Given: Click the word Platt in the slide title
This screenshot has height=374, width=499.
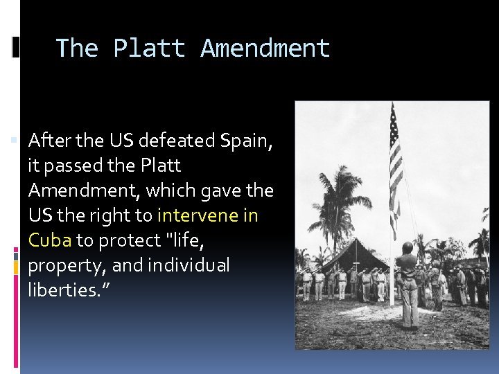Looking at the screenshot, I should click(149, 48).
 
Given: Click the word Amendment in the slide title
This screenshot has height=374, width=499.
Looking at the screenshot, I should click(265, 48).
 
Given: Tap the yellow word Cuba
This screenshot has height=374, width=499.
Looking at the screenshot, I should click(50, 240).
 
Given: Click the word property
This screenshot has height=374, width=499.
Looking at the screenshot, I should click(66, 266).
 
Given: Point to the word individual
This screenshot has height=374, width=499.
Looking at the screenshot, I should click(187, 265).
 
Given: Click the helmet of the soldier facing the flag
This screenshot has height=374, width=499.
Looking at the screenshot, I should click(408, 248).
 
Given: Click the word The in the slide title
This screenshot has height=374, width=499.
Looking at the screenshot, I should click(78, 48).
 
